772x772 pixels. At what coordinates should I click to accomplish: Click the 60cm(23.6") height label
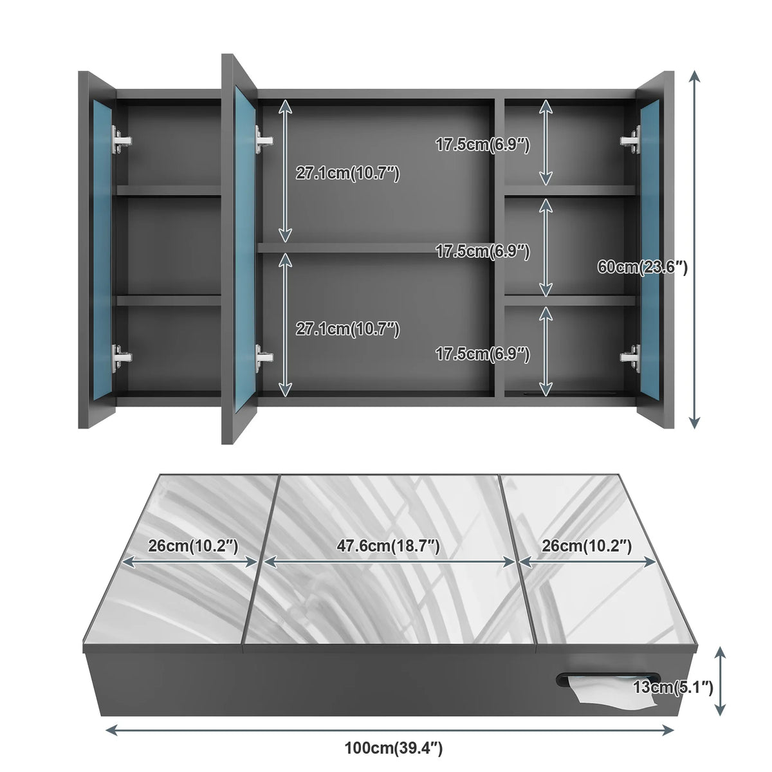tap(642, 267)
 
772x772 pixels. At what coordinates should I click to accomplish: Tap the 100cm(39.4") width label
tap(394, 748)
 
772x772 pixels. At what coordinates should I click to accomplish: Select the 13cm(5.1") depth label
tap(673, 688)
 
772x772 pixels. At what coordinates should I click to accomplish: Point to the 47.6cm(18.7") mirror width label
tap(388, 546)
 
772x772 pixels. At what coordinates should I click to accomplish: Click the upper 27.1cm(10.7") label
tap(348, 173)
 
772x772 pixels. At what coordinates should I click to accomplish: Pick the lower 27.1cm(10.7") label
tap(348, 329)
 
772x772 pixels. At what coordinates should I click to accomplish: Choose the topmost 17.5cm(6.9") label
tap(482, 144)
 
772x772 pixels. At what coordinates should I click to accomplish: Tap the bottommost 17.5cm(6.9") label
tap(482, 354)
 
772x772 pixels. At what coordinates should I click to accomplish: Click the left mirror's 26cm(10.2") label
tap(193, 546)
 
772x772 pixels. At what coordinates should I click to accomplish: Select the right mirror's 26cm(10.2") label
tap(587, 546)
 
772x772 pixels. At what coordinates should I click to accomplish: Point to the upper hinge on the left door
tap(121, 140)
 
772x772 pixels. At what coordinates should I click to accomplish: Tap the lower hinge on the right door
tap(630, 357)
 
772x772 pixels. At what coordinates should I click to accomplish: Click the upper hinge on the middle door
tap(264, 140)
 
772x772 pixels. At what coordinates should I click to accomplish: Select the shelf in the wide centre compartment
tap(376, 248)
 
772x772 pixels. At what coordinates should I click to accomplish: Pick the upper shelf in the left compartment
tap(169, 190)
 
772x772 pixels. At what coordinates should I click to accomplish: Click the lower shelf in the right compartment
tap(570, 300)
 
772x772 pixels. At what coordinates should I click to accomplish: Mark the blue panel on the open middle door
tap(245, 249)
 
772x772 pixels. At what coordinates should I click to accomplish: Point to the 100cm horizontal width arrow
tap(389, 730)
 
